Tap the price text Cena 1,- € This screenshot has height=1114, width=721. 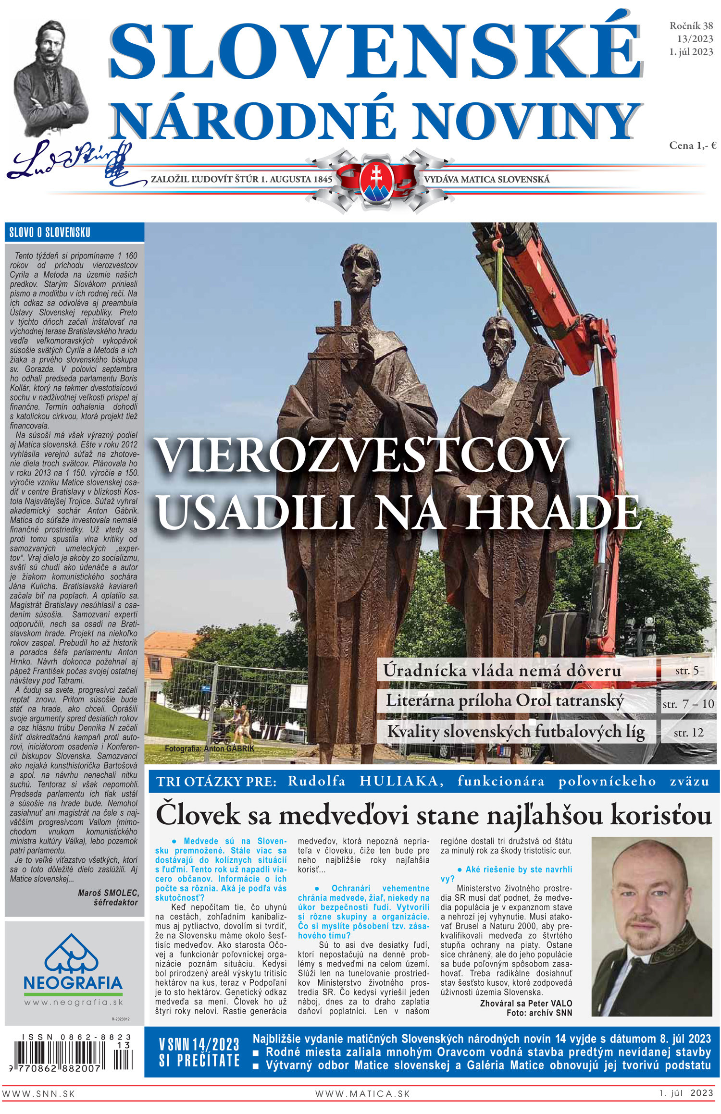click(693, 146)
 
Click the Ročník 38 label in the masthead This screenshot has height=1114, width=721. click(691, 26)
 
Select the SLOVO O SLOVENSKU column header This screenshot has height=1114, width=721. click(50, 233)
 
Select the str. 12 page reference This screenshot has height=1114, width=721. click(688, 733)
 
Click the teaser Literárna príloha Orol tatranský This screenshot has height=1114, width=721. click(504, 701)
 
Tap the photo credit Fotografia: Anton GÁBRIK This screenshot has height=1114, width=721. click(209, 748)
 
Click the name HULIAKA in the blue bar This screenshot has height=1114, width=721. click(401, 782)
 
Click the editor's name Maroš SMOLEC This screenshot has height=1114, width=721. click(108, 893)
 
